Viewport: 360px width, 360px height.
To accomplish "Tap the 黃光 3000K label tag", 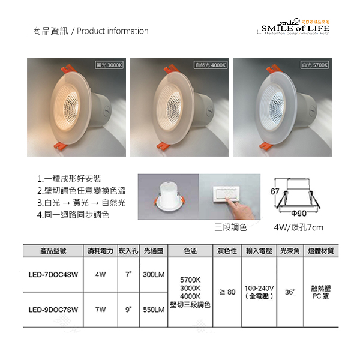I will [109, 64].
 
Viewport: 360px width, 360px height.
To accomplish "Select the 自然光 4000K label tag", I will [210, 64].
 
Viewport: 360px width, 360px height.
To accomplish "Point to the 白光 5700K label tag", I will [315, 64].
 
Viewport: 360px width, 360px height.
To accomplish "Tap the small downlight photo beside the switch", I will [169, 197].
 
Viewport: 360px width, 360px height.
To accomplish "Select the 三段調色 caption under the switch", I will [230, 228].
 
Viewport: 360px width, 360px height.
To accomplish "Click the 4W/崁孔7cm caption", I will [298, 228].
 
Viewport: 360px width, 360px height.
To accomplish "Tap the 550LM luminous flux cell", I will [154, 310].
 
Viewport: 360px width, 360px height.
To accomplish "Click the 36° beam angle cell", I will [290, 292].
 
